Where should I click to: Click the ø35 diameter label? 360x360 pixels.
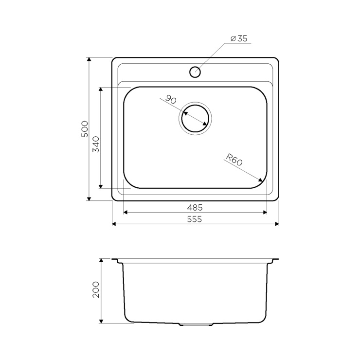click(239, 38)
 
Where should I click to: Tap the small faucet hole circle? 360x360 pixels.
click(195, 72)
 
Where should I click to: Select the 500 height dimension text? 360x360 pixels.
click(85, 129)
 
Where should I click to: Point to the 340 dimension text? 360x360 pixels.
click(96, 144)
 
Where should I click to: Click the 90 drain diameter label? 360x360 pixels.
click(171, 99)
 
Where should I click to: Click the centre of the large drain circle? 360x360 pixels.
click(195, 119)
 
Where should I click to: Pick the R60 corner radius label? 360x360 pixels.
click(234, 160)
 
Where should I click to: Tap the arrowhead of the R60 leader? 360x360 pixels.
click(261, 180)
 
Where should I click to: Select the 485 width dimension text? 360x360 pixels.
click(195, 208)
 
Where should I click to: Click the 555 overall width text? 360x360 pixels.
click(195, 219)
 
